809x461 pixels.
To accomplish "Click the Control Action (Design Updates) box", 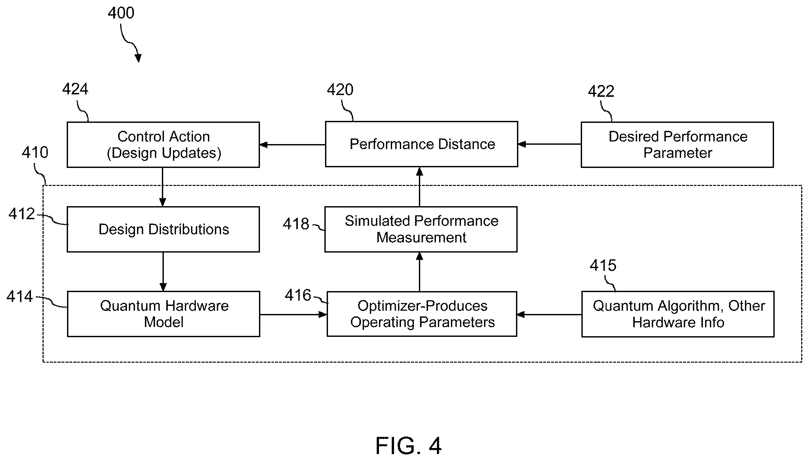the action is (163, 145).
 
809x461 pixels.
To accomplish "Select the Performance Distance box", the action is (422, 144).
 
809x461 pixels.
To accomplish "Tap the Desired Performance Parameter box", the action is (677, 145).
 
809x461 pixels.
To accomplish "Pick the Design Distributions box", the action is (163, 229).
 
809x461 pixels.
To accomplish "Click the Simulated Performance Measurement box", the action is (421, 229).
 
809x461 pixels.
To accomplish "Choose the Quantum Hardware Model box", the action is (164, 314).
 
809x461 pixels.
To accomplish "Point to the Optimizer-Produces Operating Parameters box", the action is (422, 314).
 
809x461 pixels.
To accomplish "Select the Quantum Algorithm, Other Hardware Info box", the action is (678, 314).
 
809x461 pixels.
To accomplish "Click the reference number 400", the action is (121, 13).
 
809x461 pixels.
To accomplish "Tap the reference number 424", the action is (75, 89).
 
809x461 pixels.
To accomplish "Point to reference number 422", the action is (601, 91).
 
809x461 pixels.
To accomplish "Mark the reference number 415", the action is (603, 265).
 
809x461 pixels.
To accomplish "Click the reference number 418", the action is (296, 224).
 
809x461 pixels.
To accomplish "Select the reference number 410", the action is (35, 153).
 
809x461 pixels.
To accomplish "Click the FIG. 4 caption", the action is (408, 446).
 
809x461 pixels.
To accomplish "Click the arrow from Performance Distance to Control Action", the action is (292, 144).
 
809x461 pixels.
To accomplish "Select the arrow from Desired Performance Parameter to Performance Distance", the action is (549, 144).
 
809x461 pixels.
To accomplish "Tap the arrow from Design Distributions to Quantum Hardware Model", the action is (163, 272).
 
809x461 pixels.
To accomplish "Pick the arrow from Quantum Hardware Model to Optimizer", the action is (293, 315).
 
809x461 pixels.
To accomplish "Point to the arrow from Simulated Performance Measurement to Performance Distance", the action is (420, 187).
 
